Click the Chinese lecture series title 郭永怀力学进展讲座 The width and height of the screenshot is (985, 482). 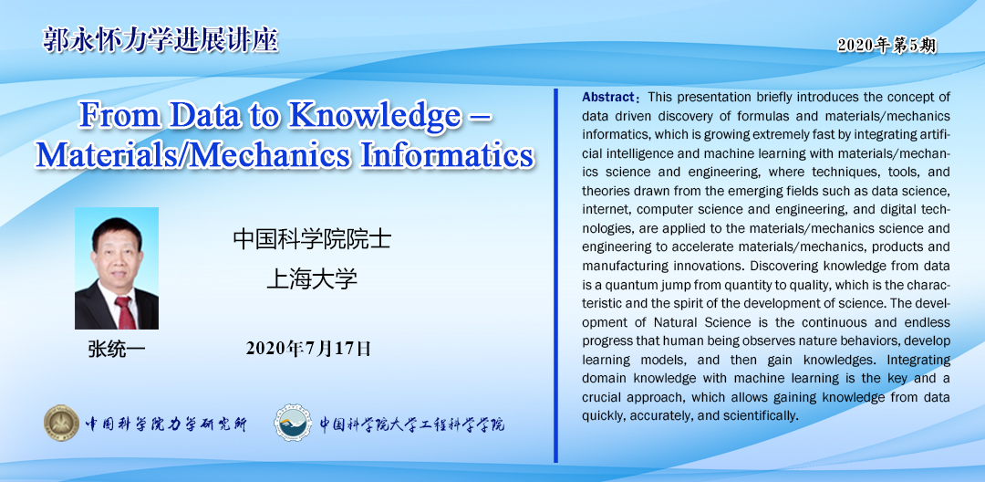coord(161,39)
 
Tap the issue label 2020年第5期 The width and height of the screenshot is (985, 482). coord(886,46)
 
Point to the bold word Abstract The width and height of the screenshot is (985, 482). coord(608,98)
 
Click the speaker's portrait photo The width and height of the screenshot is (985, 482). coord(116,268)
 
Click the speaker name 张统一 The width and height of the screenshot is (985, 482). coord(116,350)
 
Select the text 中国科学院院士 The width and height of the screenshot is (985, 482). coord(312,239)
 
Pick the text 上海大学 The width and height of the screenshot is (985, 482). coord(312,278)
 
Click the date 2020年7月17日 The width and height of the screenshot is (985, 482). coord(308,348)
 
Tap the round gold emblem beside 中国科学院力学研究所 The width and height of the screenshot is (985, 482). coord(62,423)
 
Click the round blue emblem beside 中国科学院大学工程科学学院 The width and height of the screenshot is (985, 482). coord(293,423)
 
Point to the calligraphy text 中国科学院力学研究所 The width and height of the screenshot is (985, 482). coord(166,424)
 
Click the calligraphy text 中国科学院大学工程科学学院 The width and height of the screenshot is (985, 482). coord(412,424)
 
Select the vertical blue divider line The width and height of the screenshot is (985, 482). coord(555,276)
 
